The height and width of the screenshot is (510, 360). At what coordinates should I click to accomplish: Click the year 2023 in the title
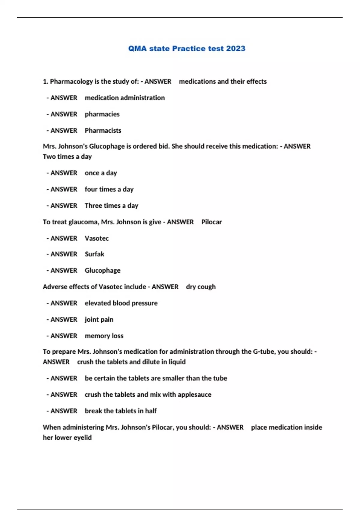(x=235, y=49)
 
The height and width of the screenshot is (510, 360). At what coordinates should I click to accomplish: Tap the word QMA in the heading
(x=137, y=49)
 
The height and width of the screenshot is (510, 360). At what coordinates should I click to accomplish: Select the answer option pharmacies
(x=102, y=114)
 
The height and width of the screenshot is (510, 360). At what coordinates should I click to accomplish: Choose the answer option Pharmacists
(x=103, y=130)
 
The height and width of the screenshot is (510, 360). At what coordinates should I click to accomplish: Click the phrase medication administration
(x=124, y=98)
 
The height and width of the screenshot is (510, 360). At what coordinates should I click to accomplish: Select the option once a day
(x=101, y=173)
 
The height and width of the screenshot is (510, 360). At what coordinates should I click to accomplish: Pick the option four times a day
(x=109, y=189)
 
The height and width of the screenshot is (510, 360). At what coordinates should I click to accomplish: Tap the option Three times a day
(x=111, y=206)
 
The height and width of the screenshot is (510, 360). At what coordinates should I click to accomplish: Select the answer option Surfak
(x=94, y=254)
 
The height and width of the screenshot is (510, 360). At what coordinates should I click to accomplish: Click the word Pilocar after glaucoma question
(x=211, y=222)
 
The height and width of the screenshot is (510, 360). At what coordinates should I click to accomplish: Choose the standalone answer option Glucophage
(x=103, y=271)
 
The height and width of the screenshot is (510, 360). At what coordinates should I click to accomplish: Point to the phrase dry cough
(x=201, y=287)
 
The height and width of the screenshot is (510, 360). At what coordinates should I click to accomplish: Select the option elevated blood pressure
(x=121, y=303)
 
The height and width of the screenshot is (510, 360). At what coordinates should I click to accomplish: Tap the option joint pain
(x=99, y=319)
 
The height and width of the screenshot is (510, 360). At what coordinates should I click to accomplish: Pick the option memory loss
(x=104, y=336)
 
